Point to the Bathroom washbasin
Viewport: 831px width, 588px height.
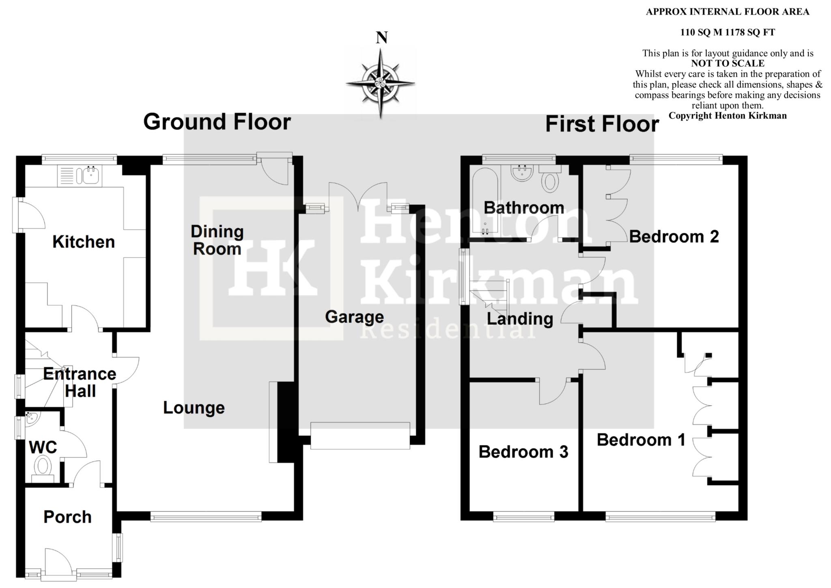(522, 173)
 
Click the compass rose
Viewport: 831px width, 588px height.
(380, 83)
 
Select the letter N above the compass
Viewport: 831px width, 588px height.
(381, 38)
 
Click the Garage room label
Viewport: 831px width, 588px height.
(354, 317)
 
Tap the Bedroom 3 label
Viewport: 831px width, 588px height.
(523, 452)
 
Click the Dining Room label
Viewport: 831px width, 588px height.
(217, 240)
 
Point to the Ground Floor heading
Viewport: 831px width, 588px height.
(217, 122)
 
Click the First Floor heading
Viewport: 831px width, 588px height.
(602, 124)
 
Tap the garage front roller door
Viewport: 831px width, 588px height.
(360, 436)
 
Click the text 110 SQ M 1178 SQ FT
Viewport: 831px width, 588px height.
(728, 32)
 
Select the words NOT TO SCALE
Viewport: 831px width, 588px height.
(728, 63)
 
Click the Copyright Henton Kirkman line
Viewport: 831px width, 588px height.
(728, 116)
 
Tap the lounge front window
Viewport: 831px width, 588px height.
(206, 517)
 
